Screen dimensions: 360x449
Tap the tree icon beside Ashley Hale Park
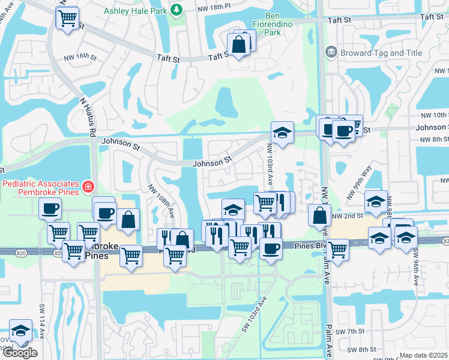tap(176, 10)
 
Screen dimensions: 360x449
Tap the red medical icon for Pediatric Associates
tap(88, 187)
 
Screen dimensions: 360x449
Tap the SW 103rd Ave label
tap(253, 315)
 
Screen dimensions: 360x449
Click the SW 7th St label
tap(351, 332)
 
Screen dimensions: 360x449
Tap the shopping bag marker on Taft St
tap(239, 45)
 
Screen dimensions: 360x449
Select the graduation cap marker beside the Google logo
tap(20, 331)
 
